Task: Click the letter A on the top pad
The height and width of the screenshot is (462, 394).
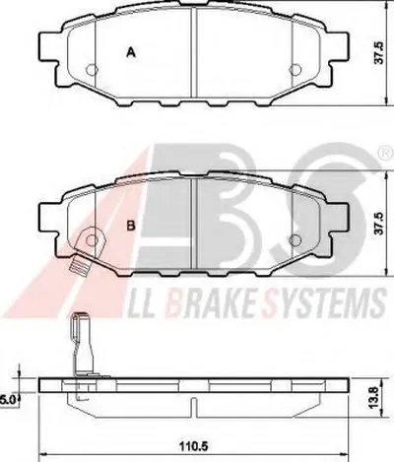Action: tap(131, 52)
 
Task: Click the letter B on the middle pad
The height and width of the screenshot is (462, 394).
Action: tap(131, 226)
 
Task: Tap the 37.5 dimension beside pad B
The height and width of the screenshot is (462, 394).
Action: tap(380, 223)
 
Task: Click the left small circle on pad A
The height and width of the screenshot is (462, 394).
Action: tap(92, 69)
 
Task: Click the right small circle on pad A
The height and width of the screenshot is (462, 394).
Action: tap(295, 69)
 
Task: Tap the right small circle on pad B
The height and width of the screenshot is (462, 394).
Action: tap(295, 240)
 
